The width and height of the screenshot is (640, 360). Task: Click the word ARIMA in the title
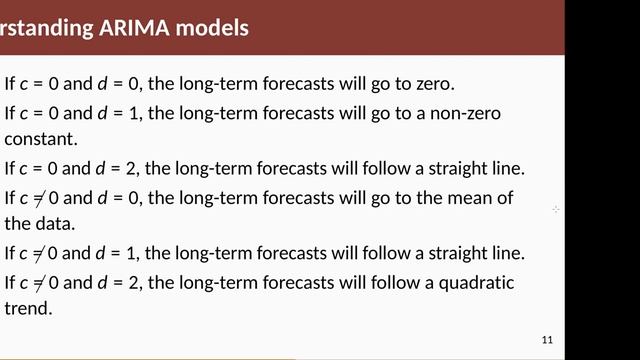(x=134, y=28)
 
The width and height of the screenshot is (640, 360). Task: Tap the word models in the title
(x=210, y=28)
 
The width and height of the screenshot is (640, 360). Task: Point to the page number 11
(x=546, y=338)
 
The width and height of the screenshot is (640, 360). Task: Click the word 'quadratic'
(x=476, y=282)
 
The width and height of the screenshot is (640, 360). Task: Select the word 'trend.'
(x=28, y=309)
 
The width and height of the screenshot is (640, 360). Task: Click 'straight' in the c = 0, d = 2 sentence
(x=442, y=168)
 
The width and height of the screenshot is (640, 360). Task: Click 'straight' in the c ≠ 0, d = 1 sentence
(x=442, y=253)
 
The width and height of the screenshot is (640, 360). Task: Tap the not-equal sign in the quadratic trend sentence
(x=39, y=283)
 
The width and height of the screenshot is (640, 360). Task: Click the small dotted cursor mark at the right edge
(x=556, y=209)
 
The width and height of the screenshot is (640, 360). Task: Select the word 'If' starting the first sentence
(x=10, y=85)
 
